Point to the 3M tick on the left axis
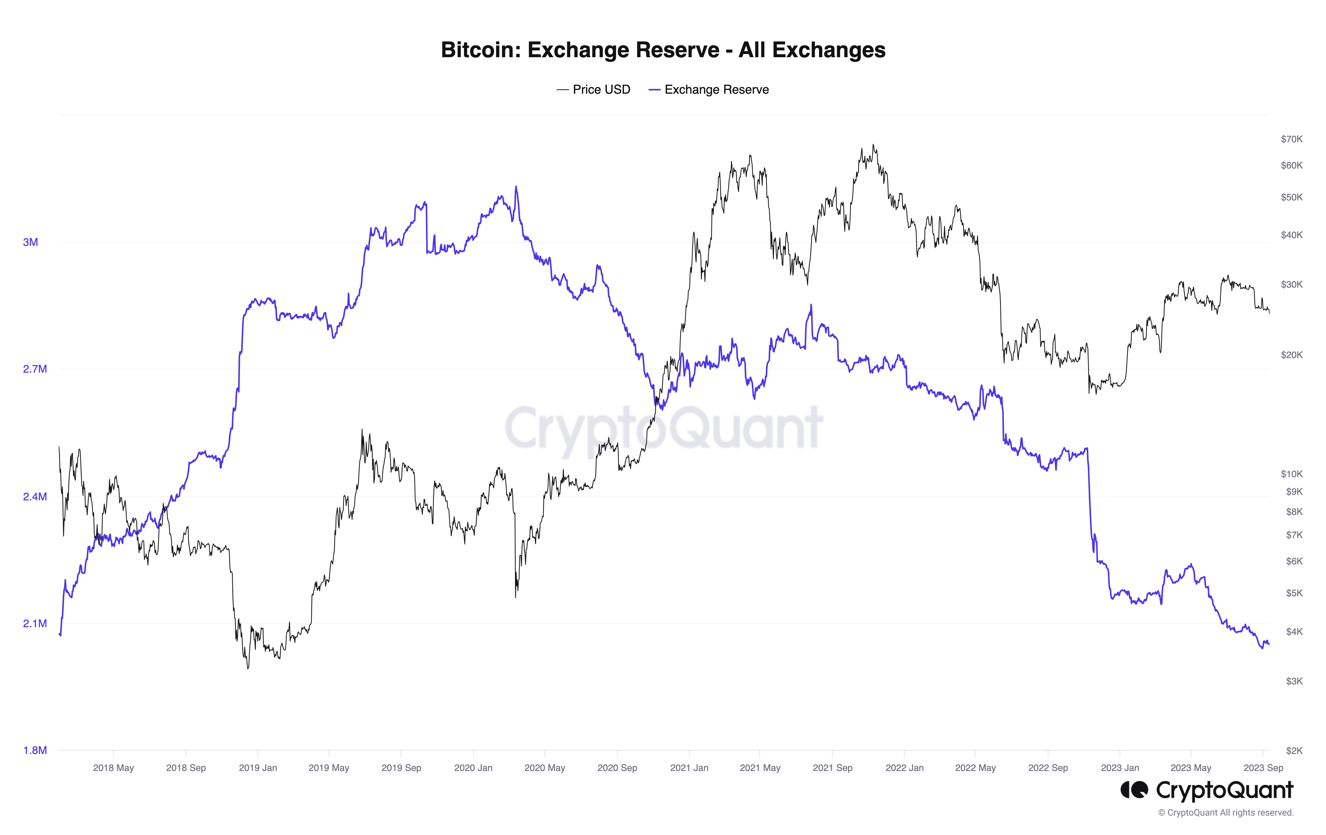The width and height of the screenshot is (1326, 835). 31,242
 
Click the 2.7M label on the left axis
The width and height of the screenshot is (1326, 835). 35,369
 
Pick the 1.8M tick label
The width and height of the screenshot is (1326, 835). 35,750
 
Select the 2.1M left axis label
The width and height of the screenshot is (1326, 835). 35,623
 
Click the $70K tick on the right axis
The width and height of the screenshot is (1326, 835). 1291,139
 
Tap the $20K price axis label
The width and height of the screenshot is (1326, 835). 1291,355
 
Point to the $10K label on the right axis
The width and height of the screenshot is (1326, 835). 1291,474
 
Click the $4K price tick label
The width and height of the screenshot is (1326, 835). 1294,632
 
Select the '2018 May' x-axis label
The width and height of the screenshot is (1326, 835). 114,768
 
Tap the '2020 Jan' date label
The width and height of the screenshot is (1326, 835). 473,768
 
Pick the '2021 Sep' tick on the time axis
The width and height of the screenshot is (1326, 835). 832,768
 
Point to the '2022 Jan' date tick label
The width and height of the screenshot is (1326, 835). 904,768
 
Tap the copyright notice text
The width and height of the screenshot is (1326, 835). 1226,812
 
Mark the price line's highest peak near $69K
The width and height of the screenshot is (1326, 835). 873,145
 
